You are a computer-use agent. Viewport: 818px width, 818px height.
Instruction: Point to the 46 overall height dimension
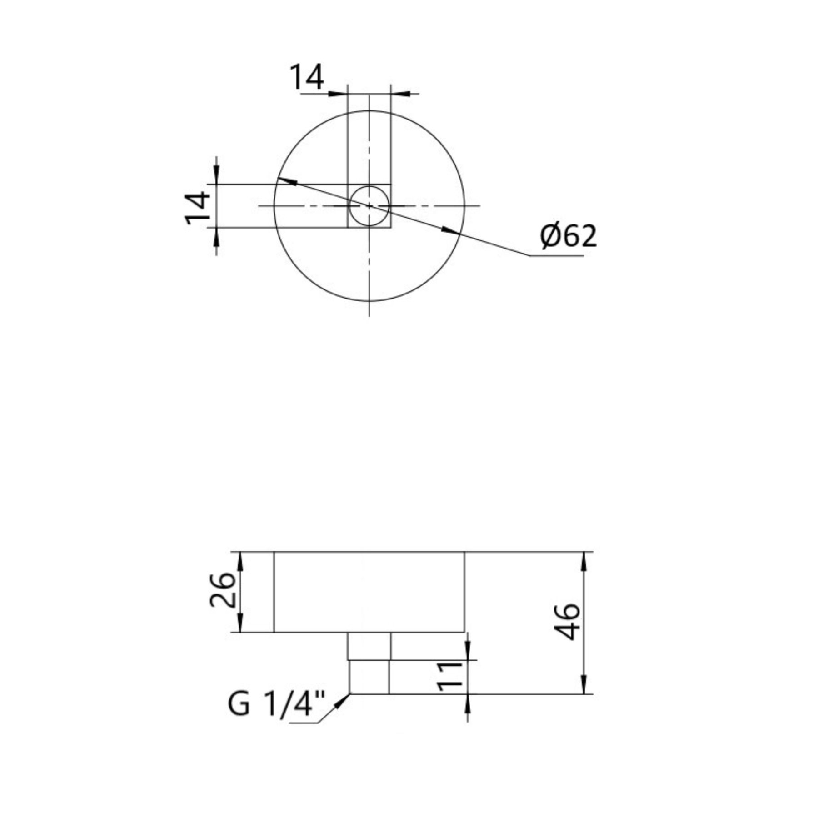[568, 622]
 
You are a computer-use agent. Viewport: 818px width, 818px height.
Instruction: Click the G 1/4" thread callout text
[277, 704]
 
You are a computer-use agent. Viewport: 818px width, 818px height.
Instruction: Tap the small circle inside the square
[369, 205]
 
